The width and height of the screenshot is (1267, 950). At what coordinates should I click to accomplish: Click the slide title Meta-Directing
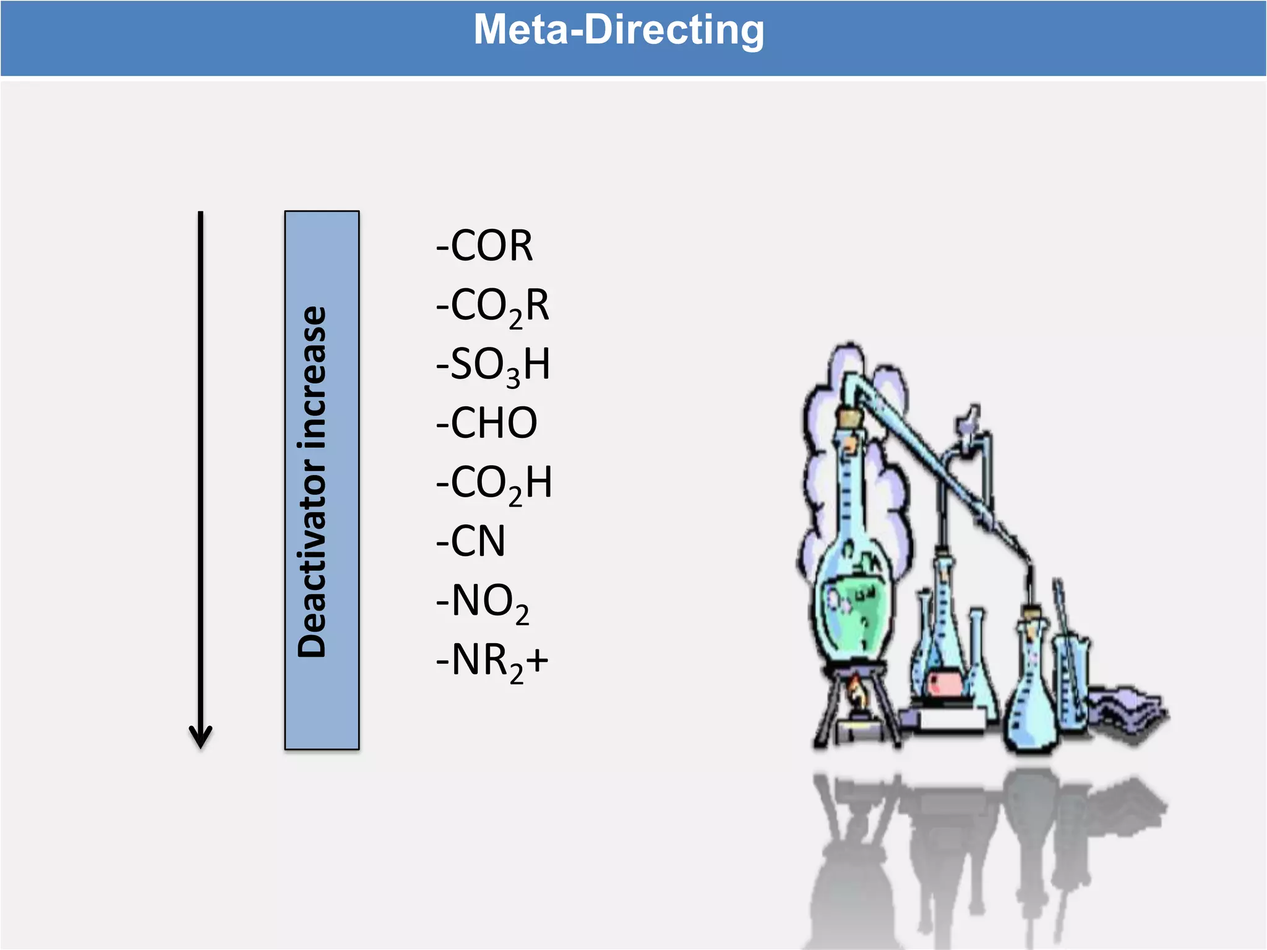click(x=619, y=30)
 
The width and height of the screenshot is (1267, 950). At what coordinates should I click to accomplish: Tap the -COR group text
click(x=484, y=246)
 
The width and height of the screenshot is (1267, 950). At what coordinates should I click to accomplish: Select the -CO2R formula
click(x=492, y=306)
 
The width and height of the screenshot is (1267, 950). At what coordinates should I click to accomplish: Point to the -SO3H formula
click(x=492, y=365)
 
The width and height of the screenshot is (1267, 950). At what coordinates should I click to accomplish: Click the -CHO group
click(x=486, y=423)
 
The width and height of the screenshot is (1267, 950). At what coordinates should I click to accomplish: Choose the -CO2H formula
click(x=494, y=483)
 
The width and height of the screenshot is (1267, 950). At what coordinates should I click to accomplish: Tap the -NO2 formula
click(x=483, y=601)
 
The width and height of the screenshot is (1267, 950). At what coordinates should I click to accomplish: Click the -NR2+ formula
click(x=492, y=661)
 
